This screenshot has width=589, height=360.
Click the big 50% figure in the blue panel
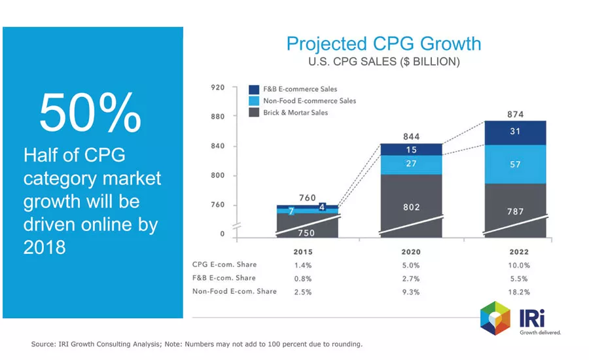(90, 112)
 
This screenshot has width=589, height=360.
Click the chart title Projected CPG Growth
(384, 44)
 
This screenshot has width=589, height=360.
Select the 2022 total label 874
(515, 114)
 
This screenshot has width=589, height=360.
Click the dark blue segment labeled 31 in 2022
(515, 132)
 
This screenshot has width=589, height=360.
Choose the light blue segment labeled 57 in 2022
(515, 164)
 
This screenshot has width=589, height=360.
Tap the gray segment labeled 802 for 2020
(411, 207)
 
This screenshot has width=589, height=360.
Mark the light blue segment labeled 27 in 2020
(411, 164)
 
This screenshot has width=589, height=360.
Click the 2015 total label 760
(308, 198)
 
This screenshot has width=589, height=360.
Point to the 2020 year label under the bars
(411, 252)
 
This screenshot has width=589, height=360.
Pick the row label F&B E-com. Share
(224, 278)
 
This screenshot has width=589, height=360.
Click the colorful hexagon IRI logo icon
(495, 318)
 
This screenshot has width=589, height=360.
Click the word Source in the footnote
(43, 344)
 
